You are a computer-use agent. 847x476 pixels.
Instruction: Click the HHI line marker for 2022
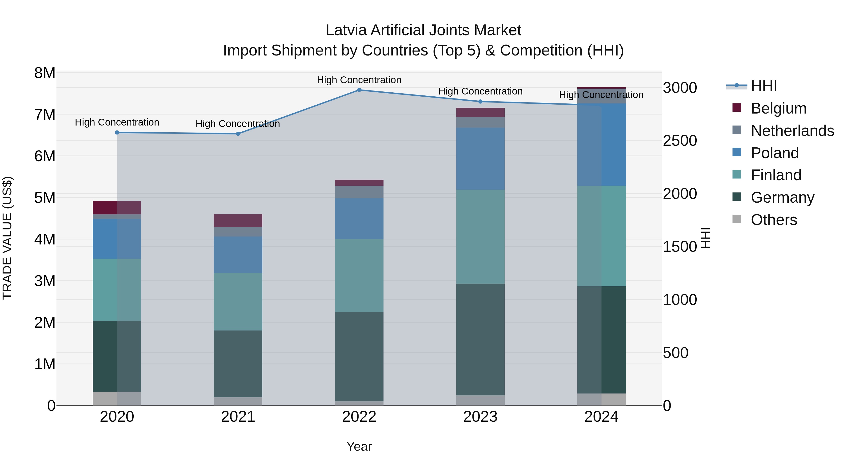[359, 90]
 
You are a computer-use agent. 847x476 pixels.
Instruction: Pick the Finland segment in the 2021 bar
[238, 302]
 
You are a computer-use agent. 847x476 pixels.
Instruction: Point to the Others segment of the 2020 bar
[117, 398]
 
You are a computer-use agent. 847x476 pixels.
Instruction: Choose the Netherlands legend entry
[792, 131]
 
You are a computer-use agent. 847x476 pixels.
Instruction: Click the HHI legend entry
[763, 86]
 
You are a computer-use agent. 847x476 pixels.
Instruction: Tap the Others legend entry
[774, 220]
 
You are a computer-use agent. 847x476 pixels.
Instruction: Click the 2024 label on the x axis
[601, 417]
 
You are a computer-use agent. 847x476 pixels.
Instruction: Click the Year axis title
[359, 446]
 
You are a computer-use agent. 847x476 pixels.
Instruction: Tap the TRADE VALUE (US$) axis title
[7, 238]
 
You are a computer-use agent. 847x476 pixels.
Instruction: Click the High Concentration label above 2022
[359, 80]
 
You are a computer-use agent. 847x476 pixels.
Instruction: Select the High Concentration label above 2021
[238, 124]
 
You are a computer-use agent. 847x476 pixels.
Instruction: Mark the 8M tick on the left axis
[45, 73]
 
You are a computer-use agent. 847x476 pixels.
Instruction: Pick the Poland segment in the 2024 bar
[601, 145]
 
